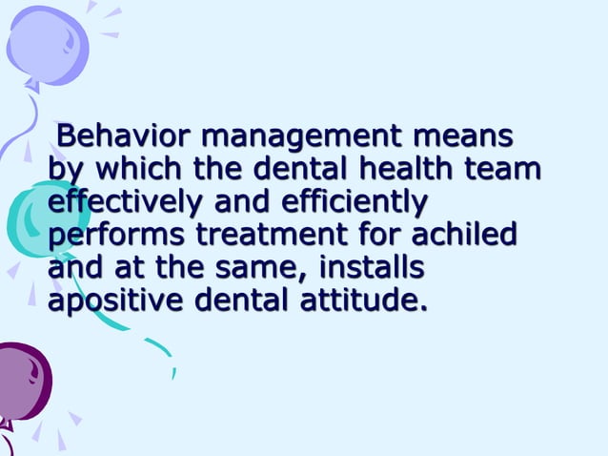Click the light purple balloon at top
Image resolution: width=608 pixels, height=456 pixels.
pyautogui.click(x=48, y=43)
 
